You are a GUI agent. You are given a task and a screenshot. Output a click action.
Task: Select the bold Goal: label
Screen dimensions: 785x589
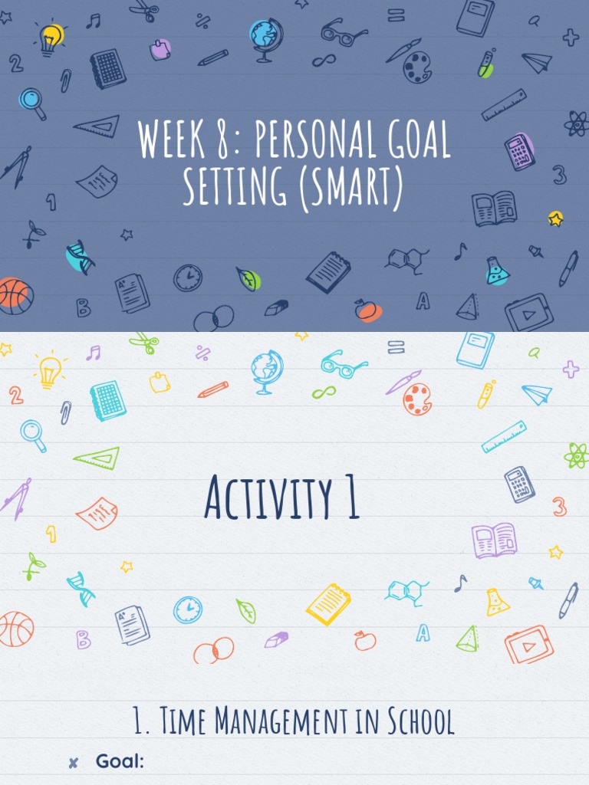[x=120, y=761]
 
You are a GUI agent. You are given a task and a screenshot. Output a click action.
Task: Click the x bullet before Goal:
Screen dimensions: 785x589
[x=74, y=762]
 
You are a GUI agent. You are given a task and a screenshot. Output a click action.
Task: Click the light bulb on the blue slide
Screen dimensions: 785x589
[x=51, y=38]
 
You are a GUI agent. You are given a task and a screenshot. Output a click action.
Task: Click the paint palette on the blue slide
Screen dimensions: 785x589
[x=418, y=67]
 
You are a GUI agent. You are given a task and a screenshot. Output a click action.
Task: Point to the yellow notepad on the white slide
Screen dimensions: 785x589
[x=328, y=604]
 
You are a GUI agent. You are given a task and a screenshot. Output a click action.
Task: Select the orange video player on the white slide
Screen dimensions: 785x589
[x=528, y=644]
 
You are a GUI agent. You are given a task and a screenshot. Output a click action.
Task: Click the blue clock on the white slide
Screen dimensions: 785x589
[x=188, y=610]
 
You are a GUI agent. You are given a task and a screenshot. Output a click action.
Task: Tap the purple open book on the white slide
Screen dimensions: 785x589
[x=494, y=540]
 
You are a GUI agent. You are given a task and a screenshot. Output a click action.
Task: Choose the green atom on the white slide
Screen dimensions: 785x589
[x=576, y=456]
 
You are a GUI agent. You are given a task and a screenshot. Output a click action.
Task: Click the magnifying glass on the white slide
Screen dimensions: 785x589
[x=34, y=435]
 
